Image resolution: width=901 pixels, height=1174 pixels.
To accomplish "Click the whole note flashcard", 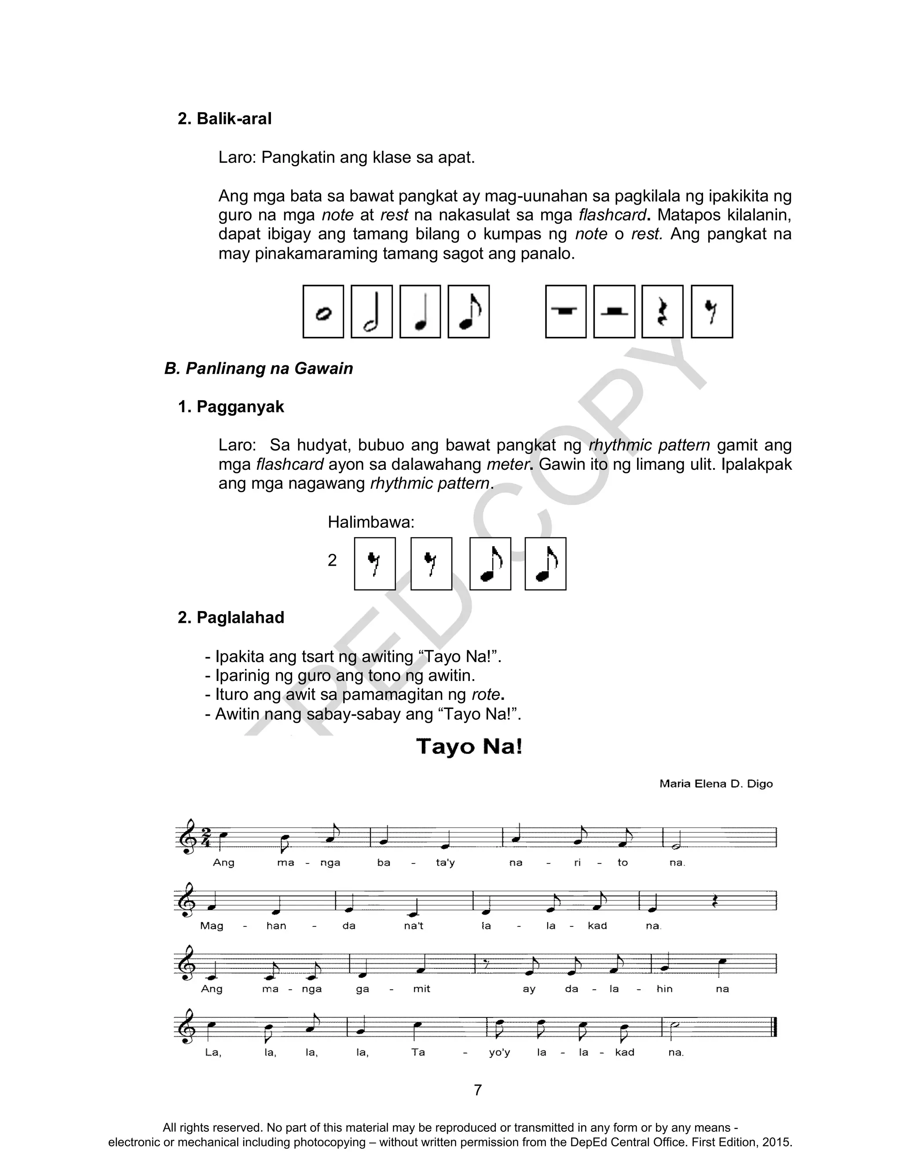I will (x=323, y=311).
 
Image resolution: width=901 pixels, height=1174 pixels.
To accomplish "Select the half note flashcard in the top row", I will (x=371, y=311).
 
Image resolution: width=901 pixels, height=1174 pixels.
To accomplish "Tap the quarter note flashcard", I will (x=420, y=311).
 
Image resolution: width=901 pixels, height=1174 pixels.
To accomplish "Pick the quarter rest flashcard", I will (x=663, y=311).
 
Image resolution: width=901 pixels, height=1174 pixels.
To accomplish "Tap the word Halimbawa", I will (x=370, y=522).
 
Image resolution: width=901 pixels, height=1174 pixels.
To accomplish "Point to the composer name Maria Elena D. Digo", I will (x=715, y=784).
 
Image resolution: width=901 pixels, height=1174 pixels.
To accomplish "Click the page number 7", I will (x=478, y=1090).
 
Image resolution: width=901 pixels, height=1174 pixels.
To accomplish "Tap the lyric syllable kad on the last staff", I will (x=624, y=1052).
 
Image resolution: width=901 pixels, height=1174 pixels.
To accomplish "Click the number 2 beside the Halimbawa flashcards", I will (x=332, y=561).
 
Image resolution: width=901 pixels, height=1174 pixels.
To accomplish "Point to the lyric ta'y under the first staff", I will (x=445, y=863).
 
